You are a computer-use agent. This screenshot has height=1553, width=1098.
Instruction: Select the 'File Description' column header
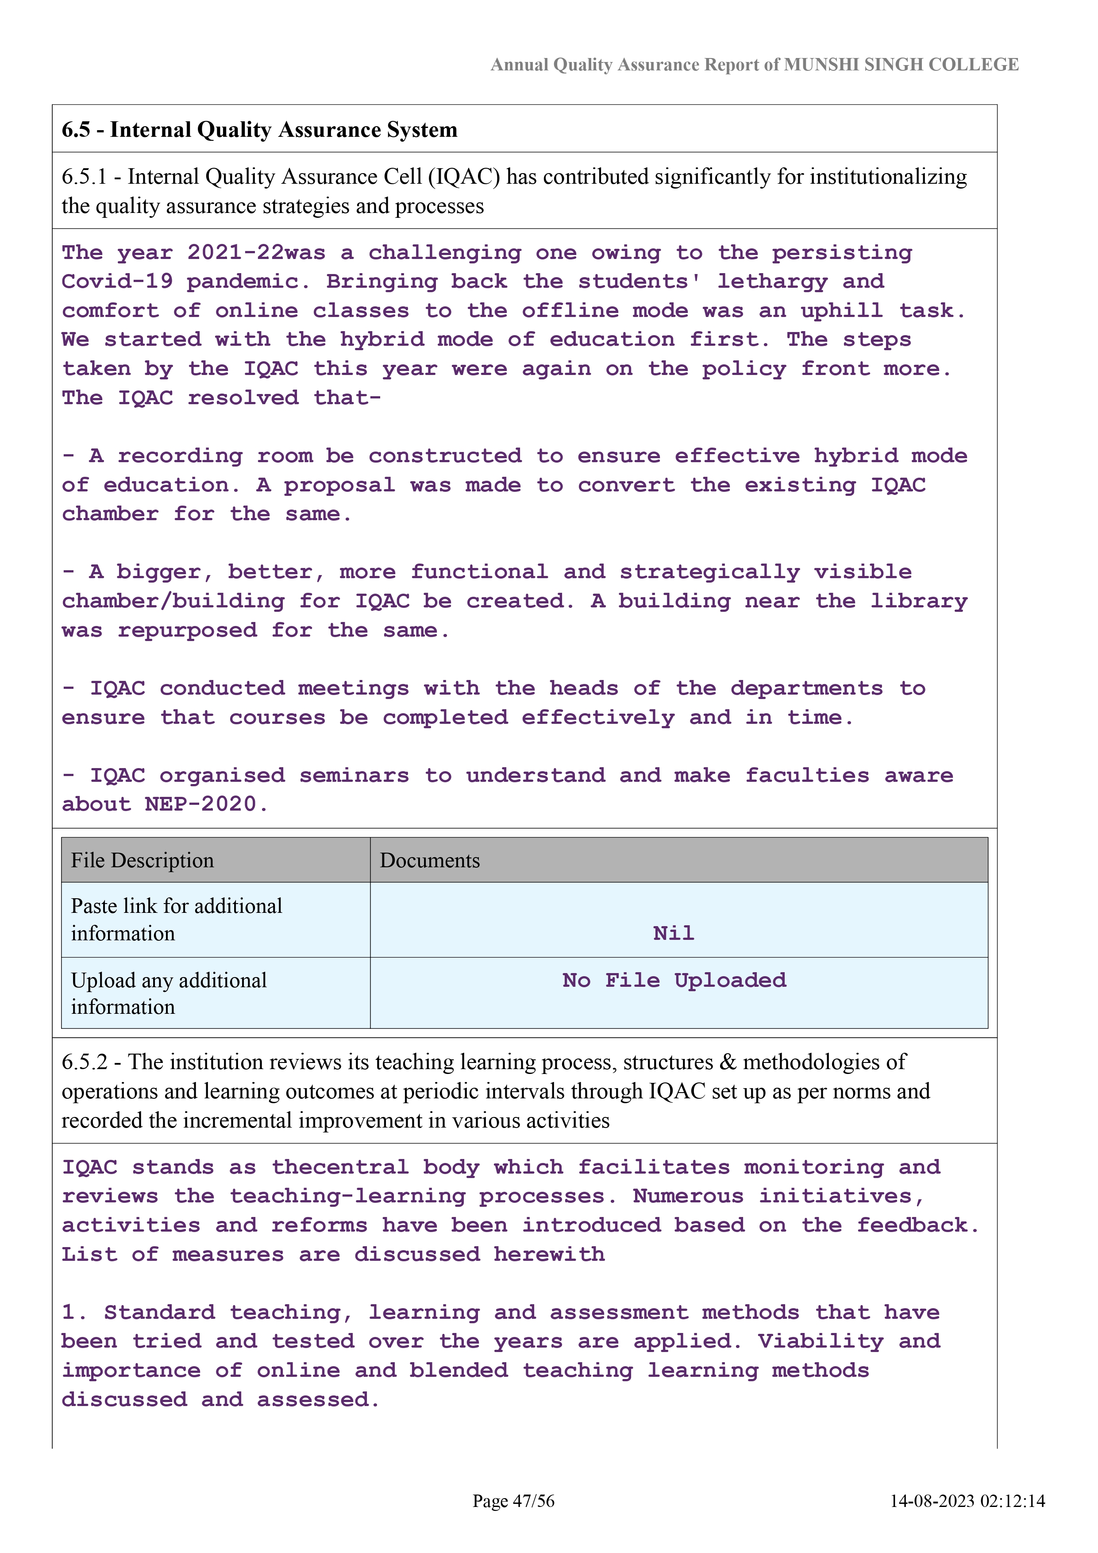(142, 860)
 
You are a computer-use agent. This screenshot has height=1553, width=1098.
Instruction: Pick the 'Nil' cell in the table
(674, 933)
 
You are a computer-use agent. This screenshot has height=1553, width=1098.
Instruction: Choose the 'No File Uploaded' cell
(674, 980)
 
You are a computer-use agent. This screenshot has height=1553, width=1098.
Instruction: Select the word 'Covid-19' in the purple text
(117, 282)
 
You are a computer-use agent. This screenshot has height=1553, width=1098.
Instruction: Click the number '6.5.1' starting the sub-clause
(84, 177)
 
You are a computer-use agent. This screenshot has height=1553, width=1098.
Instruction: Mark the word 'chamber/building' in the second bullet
(173, 601)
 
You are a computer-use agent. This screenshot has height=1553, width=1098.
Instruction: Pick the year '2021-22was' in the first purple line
(256, 253)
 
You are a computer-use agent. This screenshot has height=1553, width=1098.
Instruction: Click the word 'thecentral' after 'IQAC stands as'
(340, 1167)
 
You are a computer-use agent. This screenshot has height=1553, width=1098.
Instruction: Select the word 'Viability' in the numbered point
(820, 1341)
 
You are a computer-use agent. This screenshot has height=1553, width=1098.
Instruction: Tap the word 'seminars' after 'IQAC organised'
(354, 775)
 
